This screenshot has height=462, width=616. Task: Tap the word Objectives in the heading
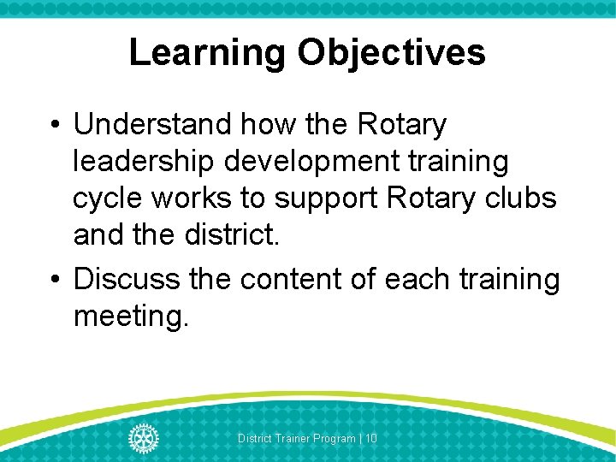(392, 53)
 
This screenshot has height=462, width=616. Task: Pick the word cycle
(108, 198)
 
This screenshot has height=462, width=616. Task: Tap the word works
(192, 198)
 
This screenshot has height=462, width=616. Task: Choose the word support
(328, 198)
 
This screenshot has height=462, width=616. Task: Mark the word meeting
(128, 317)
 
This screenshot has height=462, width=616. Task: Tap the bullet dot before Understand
(54, 126)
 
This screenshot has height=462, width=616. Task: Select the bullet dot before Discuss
(54, 280)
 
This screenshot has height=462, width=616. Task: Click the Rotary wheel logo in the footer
(143, 438)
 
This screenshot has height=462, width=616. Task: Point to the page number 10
(371, 438)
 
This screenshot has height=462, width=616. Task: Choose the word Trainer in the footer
(287, 438)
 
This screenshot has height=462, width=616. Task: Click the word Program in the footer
(334, 438)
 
